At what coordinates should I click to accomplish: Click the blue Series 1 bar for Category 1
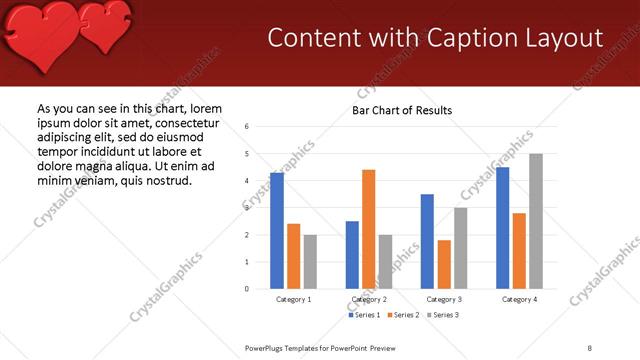[277, 231]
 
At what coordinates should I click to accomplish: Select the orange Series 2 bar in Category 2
[369, 229]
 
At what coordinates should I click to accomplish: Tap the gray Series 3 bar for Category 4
[536, 221]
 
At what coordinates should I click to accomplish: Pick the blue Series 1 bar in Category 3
[427, 241]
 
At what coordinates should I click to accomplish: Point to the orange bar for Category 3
[444, 264]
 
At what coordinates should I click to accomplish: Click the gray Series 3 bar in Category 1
[310, 262]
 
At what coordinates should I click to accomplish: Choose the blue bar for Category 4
[502, 228]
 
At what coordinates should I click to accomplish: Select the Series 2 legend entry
[402, 315]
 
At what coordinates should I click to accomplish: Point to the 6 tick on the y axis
[247, 127]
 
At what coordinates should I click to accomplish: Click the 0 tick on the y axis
[247, 289]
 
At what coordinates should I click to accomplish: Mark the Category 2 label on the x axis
[370, 299]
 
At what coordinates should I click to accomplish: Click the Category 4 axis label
[519, 299]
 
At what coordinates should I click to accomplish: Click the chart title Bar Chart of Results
[402, 110]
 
